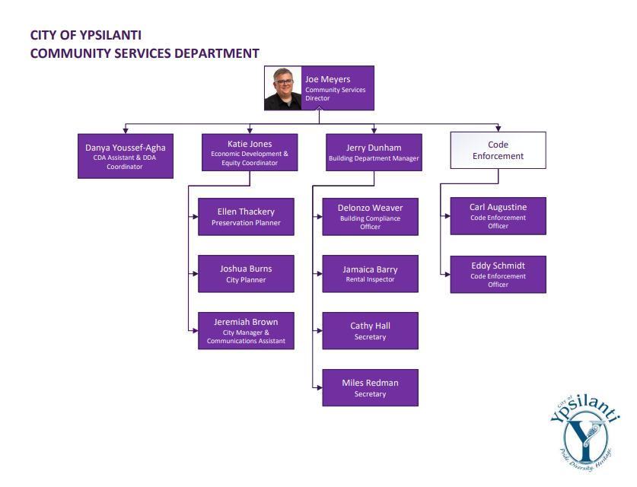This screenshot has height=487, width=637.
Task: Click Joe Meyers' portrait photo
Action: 283,88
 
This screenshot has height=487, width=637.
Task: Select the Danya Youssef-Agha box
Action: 126,155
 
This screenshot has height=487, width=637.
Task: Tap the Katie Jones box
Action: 250,152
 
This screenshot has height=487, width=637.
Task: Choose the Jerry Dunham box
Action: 374,152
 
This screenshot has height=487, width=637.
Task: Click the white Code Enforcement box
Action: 498,150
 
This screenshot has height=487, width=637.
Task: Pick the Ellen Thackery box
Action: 246,217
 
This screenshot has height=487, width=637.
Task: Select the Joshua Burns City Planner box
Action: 246,274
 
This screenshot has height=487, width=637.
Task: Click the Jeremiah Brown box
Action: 246,331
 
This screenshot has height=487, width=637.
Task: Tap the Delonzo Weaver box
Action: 370,217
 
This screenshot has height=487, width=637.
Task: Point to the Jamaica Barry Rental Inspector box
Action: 370,274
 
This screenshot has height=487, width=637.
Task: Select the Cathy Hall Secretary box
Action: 370,331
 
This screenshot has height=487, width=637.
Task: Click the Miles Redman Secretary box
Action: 370,388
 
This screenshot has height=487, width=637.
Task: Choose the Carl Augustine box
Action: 498,216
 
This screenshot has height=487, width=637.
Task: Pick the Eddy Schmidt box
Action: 498,274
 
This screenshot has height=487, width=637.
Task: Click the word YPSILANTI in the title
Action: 110,35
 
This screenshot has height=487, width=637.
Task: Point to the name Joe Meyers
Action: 328,79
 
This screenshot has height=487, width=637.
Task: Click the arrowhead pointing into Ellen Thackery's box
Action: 195,217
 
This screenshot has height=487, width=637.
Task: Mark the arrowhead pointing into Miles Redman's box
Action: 319,388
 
